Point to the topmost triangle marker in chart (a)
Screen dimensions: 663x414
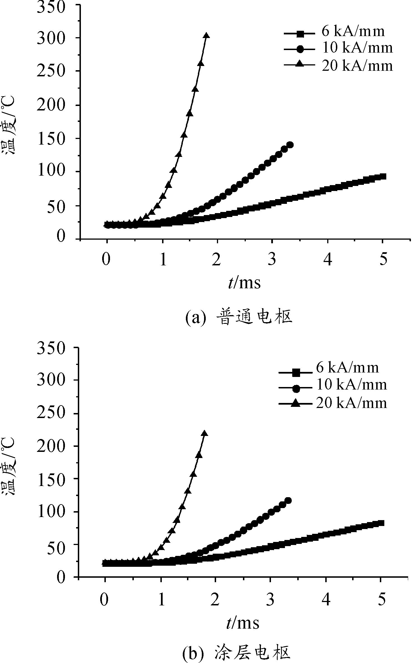[206, 36]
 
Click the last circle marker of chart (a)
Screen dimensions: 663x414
[290, 145]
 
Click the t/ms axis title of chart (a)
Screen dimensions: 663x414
[244, 283]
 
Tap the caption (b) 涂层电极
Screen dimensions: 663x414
[237, 652]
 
